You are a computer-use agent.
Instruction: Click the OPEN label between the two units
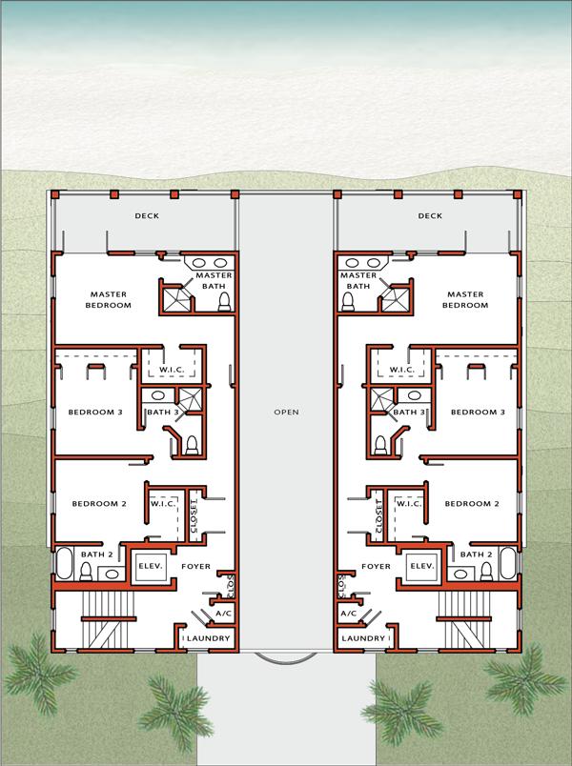(x=286, y=413)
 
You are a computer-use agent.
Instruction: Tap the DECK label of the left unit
(x=146, y=216)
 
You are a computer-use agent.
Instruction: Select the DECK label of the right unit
(x=430, y=216)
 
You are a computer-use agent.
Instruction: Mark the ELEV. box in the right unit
(x=422, y=566)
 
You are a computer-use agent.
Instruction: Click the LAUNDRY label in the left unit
(x=206, y=637)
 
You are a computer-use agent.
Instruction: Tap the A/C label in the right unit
(x=348, y=615)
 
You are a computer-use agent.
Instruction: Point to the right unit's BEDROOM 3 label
(x=477, y=413)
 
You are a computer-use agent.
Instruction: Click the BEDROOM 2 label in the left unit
(x=97, y=504)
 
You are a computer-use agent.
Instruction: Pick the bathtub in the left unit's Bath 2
(x=65, y=564)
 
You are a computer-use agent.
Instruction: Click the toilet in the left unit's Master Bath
(x=225, y=302)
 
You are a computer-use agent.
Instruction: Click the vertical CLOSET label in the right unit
(x=378, y=515)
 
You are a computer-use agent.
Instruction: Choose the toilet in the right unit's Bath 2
(x=485, y=571)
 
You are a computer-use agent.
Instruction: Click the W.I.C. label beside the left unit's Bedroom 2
(x=168, y=504)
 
